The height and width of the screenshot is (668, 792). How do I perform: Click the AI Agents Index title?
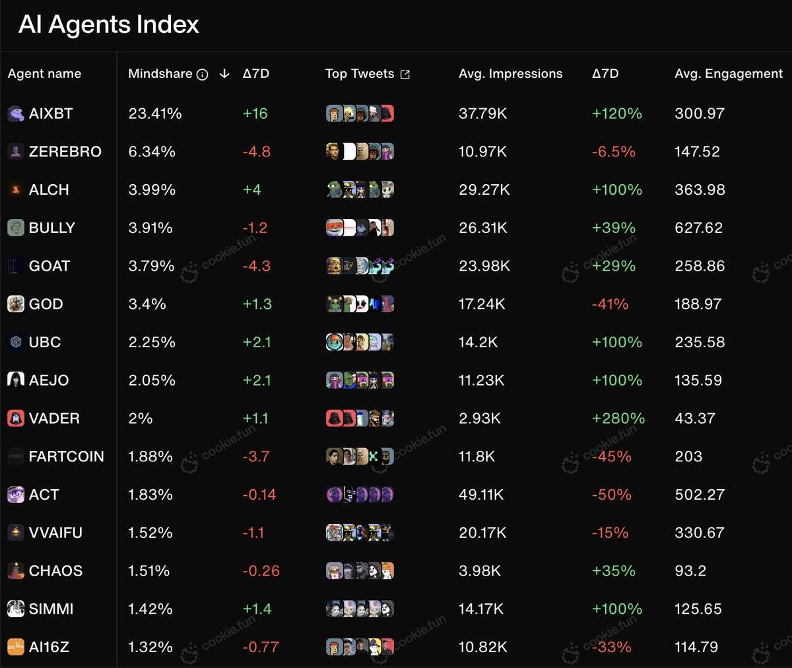coord(109,24)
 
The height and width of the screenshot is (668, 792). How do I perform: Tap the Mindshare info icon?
coord(203,75)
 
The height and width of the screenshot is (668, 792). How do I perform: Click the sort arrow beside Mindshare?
coord(224,73)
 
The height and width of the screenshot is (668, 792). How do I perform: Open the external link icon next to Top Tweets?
coord(405,75)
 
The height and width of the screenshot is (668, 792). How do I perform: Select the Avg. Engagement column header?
coord(729,73)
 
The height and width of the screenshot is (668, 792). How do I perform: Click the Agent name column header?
coord(44,73)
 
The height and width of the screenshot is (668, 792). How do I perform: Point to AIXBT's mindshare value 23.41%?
coord(155,114)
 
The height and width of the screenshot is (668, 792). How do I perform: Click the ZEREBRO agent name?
coord(65,152)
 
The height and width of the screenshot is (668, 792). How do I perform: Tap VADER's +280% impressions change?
coord(618,418)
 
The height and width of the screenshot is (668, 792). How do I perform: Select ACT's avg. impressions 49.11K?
coord(481,494)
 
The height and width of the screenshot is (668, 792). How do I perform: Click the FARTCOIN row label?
coord(66,457)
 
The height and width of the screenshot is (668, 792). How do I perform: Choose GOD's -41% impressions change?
coord(610,304)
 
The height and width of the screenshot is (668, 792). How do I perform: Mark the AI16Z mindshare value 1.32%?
coord(150,647)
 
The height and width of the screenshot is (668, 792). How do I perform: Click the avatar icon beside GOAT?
coord(15,266)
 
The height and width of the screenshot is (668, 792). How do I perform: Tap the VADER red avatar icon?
coord(15,418)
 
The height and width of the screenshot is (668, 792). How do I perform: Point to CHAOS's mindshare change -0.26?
coord(261,571)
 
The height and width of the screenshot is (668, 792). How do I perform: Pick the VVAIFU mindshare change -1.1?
coord(253,533)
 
